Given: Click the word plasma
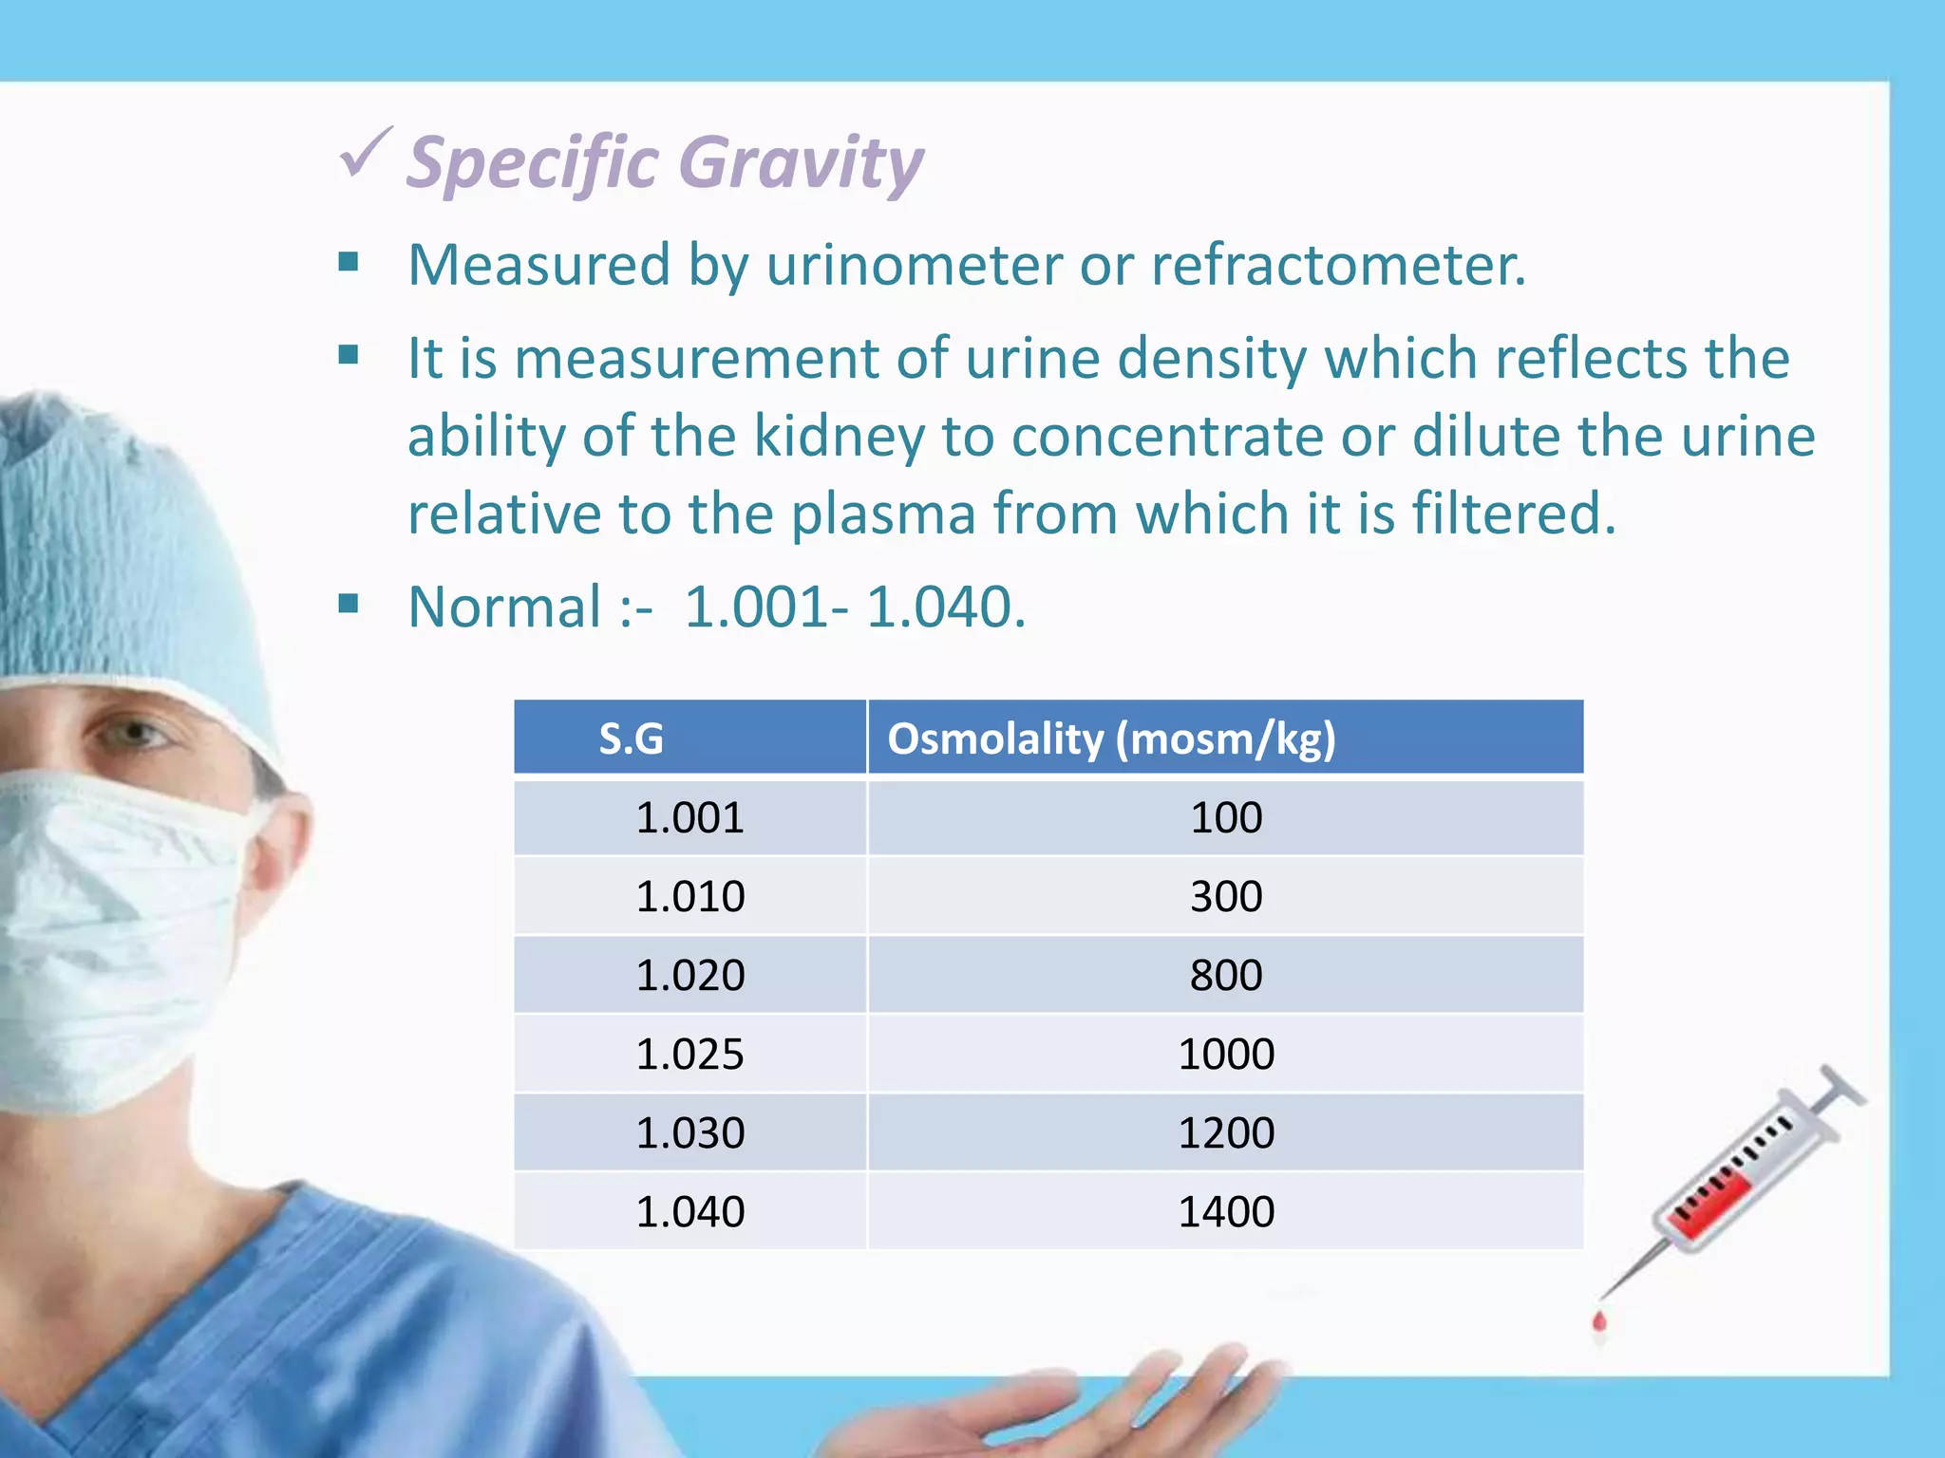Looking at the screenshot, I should tap(883, 514).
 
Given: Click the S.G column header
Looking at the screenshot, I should tap(631, 738).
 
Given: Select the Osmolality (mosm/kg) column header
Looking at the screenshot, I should tap(1111, 738).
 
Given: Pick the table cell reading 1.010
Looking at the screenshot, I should tap(689, 896).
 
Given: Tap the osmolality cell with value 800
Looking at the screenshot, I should tap(1225, 976).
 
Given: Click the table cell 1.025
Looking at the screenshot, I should tap(689, 1055).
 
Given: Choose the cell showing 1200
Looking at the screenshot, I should tap(1225, 1133).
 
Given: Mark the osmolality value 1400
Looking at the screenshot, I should tap(1225, 1212).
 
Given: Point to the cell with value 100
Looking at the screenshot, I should tap(1225, 817).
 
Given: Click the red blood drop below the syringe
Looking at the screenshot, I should tap(1599, 1321).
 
